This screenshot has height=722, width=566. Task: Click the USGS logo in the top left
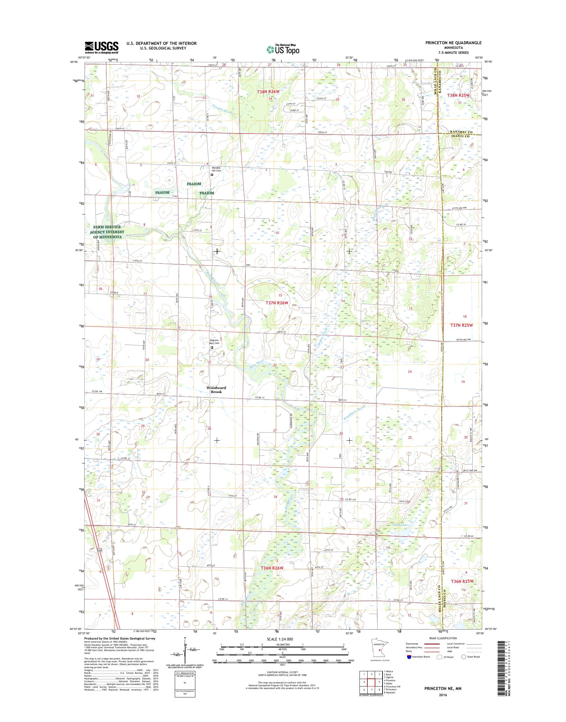pyautogui.click(x=102, y=48)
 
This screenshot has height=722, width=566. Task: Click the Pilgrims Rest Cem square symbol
pyautogui.click(x=212, y=348)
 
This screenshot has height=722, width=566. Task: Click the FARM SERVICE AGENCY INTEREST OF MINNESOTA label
pyautogui.click(x=108, y=232)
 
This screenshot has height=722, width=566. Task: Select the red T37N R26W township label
pyautogui.click(x=277, y=303)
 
